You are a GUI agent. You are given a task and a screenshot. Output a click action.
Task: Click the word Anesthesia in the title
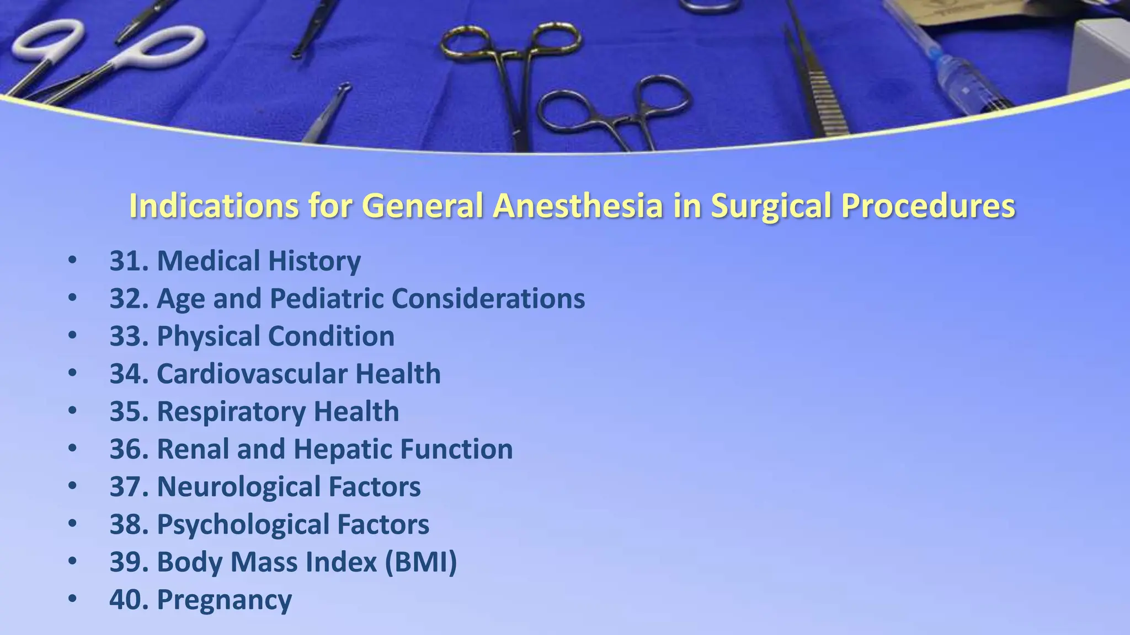click(578, 206)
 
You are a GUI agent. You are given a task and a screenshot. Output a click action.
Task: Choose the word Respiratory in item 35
click(231, 411)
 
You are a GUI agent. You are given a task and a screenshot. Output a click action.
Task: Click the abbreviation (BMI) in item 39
click(421, 562)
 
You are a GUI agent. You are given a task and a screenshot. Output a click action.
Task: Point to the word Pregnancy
click(225, 600)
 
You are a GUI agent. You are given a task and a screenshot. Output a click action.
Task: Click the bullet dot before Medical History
click(73, 260)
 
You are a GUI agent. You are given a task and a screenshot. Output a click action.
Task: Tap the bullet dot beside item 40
click(73, 599)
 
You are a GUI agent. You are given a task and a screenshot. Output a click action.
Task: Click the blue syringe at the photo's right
click(960, 72)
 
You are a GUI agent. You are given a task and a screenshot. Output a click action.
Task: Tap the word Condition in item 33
click(331, 336)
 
